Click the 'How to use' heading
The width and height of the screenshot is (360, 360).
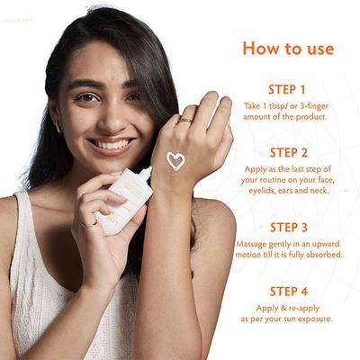[288, 48]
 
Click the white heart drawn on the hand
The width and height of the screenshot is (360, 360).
[175, 160]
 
